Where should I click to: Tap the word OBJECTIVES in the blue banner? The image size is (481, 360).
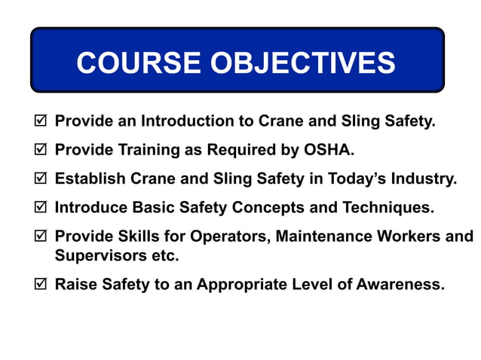(x=302, y=63)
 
